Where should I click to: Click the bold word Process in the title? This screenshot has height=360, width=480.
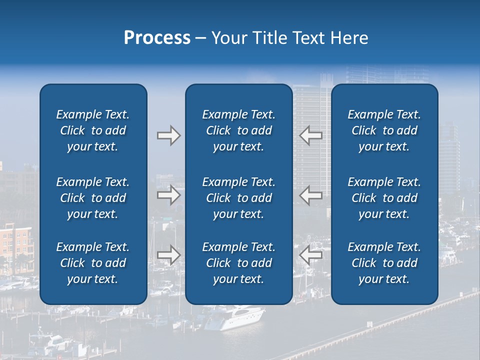(157, 38)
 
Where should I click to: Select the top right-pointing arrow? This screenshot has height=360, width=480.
(168, 135)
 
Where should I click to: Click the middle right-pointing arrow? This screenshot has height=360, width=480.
(168, 195)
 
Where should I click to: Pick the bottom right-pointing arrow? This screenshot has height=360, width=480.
(168, 255)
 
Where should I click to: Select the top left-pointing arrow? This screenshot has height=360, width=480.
(310, 135)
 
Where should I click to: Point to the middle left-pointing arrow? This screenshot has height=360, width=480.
(310, 195)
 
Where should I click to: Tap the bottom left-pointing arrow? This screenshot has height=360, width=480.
(310, 255)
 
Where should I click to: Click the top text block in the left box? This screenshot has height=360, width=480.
(93, 130)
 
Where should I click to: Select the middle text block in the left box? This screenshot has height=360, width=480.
(93, 198)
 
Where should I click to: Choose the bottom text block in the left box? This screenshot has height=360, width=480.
(93, 263)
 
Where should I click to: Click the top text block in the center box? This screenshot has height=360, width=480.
(238, 130)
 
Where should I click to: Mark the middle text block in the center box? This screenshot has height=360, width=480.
(238, 198)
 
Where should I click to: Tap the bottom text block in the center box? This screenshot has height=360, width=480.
(238, 263)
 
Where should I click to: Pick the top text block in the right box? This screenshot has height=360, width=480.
(384, 130)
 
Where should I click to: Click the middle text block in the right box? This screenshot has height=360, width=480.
(384, 198)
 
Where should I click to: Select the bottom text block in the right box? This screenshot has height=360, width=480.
(384, 263)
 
